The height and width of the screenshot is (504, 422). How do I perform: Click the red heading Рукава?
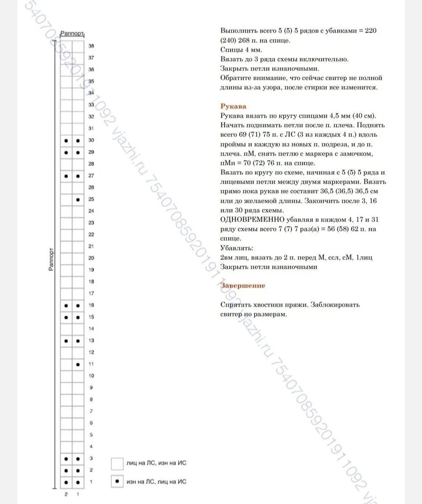point(233,106)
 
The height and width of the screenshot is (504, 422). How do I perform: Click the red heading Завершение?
point(243,286)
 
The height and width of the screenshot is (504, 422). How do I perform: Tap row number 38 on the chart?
point(91,46)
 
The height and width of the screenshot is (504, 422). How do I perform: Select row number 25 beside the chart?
point(91,199)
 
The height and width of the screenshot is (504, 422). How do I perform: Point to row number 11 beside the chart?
point(91,364)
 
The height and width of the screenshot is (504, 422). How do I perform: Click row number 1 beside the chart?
point(91,482)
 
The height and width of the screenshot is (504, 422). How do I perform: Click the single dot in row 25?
point(78,199)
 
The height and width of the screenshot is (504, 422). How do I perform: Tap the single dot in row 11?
point(78,364)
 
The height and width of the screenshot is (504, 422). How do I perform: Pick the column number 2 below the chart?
point(66,494)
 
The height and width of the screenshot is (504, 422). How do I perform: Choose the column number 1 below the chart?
point(78,494)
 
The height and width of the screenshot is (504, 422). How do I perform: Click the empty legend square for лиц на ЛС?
point(117,463)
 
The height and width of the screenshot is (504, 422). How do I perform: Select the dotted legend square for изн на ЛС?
point(117,481)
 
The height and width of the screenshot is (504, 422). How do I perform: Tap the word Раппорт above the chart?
point(72,33)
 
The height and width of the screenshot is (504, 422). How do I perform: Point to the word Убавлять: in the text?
point(237,248)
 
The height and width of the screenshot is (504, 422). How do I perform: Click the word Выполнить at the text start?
point(236,31)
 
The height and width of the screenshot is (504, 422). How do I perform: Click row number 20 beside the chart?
point(91,258)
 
